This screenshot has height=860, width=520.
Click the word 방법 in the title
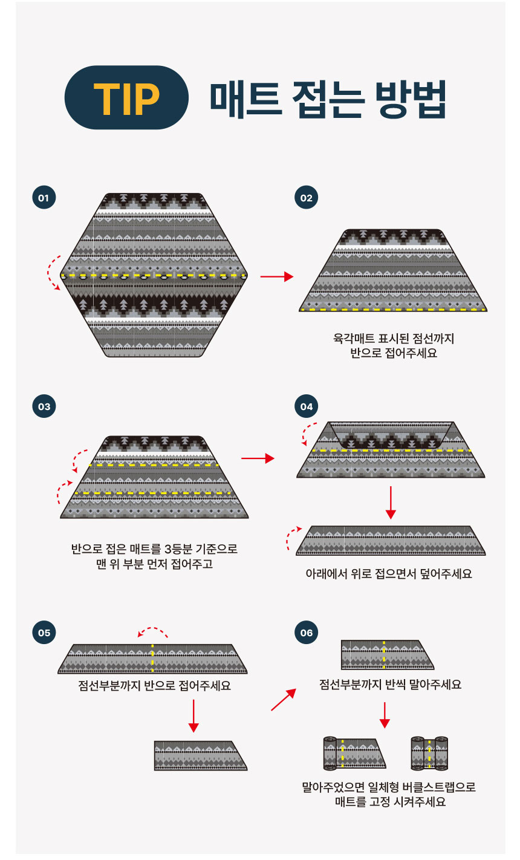click(x=411, y=99)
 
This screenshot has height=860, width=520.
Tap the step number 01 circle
click(x=44, y=198)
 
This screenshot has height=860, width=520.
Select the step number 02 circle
click(x=306, y=198)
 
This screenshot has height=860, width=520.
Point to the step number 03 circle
click(x=44, y=406)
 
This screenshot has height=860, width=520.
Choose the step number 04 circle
click(x=306, y=406)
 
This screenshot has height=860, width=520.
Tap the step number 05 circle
click(x=44, y=633)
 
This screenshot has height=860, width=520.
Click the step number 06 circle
click(x=306, y=633)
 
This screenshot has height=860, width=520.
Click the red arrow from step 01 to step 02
click(x=277, y=276)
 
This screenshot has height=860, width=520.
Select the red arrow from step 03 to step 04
click(x=258, y=458)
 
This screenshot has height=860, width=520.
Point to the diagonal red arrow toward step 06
click(x=284, y=699)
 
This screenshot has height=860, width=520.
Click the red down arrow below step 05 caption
click(x=193, y=715)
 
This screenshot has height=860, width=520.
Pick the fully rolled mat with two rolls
click(x=429, y=754)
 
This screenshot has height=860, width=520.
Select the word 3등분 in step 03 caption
click(x=178, y=549)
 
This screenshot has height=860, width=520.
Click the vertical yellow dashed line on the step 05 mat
click(x=153, y=658)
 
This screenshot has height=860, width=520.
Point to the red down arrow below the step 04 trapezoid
click(x=391, y=503)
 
